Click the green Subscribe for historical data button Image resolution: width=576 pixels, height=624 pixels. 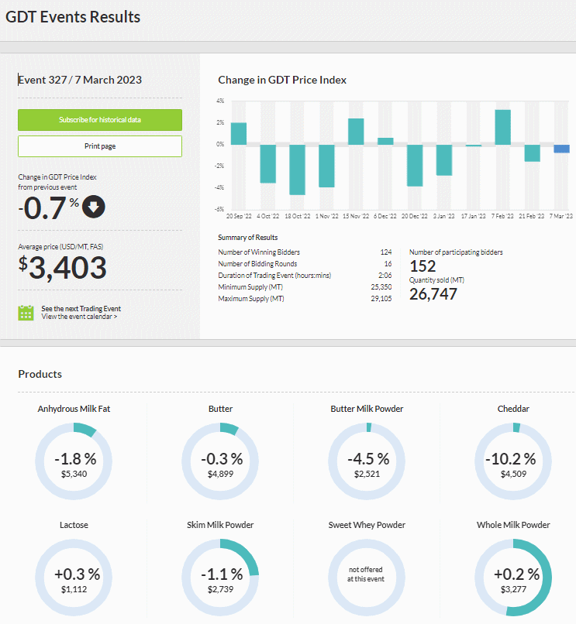point(100,120)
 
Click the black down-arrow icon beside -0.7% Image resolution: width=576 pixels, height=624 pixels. point(94,207)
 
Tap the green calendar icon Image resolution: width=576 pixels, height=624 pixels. point(26,313)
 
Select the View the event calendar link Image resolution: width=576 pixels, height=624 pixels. point(79,317)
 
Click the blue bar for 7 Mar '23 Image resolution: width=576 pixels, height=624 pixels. point(561,149)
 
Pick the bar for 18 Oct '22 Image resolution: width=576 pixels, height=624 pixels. point(298,170)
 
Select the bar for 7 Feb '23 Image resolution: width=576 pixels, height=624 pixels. point(502,127)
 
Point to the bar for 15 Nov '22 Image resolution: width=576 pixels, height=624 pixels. point(356,132)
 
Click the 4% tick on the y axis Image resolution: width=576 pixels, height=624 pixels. point(220,101)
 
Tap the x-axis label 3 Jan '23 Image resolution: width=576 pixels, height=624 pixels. point(443,216)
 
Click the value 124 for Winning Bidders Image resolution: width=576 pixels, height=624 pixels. point(386,252)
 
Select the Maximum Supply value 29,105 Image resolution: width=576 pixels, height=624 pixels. point(381,299)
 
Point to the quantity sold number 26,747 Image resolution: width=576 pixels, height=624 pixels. point(433,294)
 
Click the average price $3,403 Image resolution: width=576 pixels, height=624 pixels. point(63,267)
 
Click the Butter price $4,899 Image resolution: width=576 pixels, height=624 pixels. point(220,474)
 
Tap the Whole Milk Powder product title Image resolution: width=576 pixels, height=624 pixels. point(513,525)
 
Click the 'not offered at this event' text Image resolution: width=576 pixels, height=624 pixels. point(366,574)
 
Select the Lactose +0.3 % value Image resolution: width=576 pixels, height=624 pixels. point(78,574)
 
